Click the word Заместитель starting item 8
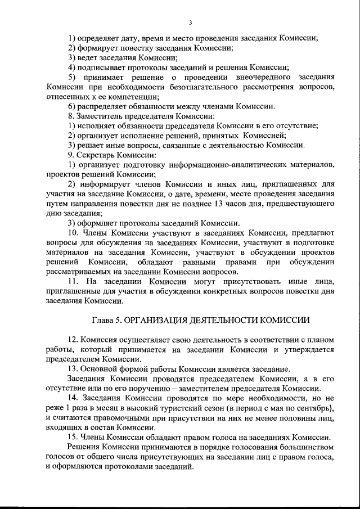click(98, 115)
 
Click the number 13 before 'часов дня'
click(237, 203)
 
